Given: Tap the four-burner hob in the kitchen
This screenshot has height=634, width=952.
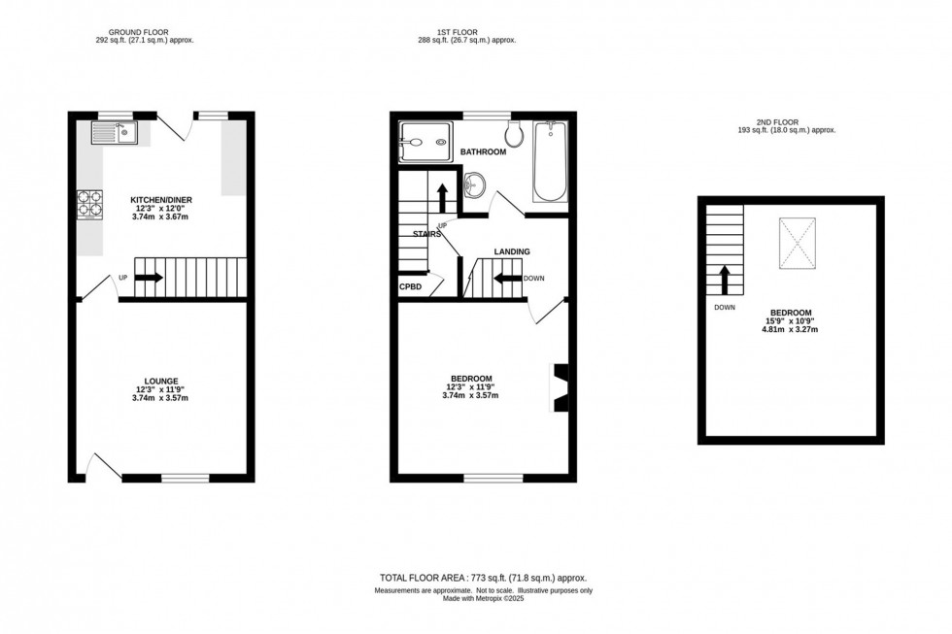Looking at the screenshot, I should (x=89, y=203).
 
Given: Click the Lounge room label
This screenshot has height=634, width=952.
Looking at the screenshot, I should (x=161, y=381).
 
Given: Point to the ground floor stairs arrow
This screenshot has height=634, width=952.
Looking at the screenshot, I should (x=149, y=277).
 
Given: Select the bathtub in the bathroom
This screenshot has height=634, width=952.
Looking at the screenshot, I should (x=550, y=160).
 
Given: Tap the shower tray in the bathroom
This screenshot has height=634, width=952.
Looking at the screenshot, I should (x=425, y=143).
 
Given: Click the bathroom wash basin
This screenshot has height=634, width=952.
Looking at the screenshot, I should (x=475, y=183).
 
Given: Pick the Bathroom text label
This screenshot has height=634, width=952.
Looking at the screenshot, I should (x=483, y=152).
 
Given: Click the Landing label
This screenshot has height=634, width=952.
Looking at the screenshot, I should (x=512, y=251).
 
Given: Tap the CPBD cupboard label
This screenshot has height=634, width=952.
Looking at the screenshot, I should (x=410, y=287).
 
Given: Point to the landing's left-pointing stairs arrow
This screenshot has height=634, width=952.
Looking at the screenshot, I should (x=506, y=278).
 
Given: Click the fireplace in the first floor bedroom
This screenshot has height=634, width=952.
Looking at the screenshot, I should (x=561, y=388).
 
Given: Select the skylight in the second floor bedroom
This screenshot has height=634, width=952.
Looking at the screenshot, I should (x=798, y=242).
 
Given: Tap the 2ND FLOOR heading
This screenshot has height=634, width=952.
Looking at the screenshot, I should (x=786, y=121).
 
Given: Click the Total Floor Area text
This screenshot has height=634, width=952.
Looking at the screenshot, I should (x=481, y=578).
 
